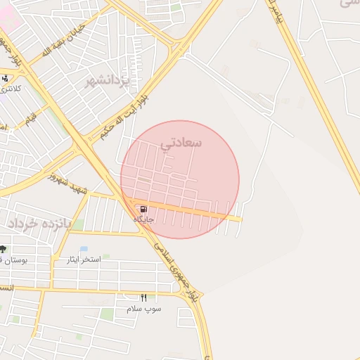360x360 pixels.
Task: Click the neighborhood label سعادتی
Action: (181, 143)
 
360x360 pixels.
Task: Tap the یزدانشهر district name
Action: (108, 83)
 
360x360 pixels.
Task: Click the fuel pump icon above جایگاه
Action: (143, 210)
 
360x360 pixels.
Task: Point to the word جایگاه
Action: (143, 220)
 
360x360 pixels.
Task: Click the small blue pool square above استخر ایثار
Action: (84, 250)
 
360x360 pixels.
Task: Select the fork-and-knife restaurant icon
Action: (144, 298)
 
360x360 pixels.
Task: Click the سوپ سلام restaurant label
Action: (144, 309)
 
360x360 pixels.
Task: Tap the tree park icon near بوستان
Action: (3, 249)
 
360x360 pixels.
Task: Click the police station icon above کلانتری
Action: (6, 78)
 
